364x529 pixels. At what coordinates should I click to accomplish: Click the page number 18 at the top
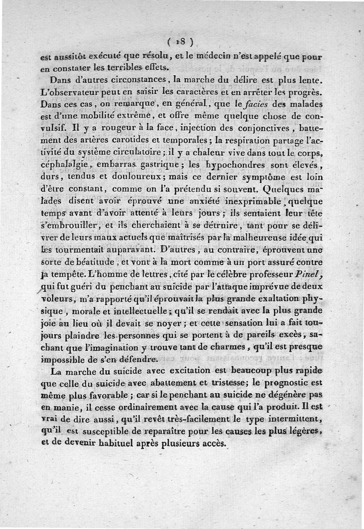click(x=182, y=41)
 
